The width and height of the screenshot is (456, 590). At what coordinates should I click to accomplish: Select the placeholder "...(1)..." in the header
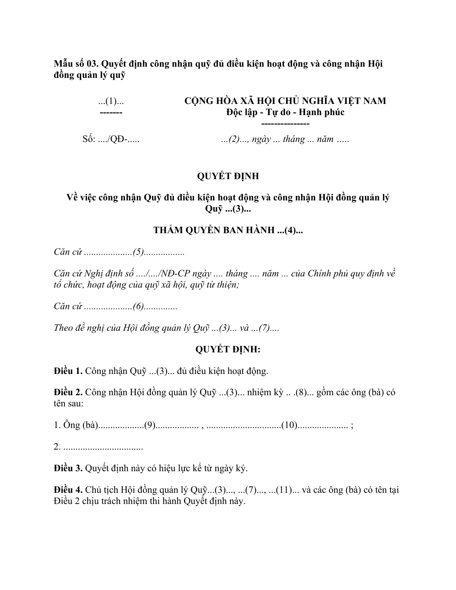pyautogui.click(x=111, y=101)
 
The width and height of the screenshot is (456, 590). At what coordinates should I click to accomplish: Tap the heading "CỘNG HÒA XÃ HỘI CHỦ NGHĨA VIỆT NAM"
pyautogui.click(x=285, y=101)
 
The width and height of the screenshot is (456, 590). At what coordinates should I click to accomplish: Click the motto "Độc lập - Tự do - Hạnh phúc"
pyautogui.click(x=285, y=112)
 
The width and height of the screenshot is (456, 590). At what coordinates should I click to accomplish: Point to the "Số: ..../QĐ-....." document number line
pyautogui.click(x=111, y=140)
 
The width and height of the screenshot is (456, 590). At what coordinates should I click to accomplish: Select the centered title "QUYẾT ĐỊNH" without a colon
pyautogui.click(x=228, y=176)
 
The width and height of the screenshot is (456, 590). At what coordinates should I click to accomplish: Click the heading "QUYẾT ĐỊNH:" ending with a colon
pyautogui.click(x=228, y=349)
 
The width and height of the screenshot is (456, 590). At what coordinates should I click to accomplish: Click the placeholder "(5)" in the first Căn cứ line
pyautogui.click(x=138, y=252)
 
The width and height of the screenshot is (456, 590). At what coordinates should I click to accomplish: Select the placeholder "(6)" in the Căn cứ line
pyautogui.click(x=138, y=307)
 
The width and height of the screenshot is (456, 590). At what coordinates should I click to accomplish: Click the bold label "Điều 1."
pyautogui.click(x=68, y=371)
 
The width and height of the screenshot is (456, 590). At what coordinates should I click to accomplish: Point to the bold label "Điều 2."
pyautogui.click(x=68, y=393)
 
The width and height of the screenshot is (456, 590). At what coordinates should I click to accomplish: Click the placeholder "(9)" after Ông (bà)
pyautogui.click(x=149, y=425)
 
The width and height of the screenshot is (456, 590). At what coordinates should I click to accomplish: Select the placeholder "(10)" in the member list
pyautogui.click(x=289, y=425)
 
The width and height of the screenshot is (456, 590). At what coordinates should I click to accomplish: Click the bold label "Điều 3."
pyautogui.click(x=68, y=469)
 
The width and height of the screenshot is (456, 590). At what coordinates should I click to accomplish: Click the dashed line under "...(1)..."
pyautogui.click(x=111, y=112)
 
